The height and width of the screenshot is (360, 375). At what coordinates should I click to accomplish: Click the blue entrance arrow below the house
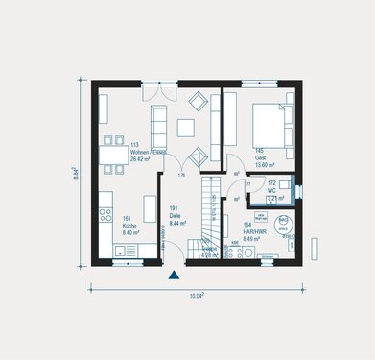[x=174, y=276]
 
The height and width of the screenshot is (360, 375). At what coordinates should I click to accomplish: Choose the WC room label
[x=271, y=190]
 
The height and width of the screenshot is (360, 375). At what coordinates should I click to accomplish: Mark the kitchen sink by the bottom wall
[x=126, y=251]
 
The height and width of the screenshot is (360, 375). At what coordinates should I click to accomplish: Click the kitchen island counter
[x=150, y=209]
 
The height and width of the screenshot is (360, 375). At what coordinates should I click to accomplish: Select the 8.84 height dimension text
[x=75, y=172]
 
